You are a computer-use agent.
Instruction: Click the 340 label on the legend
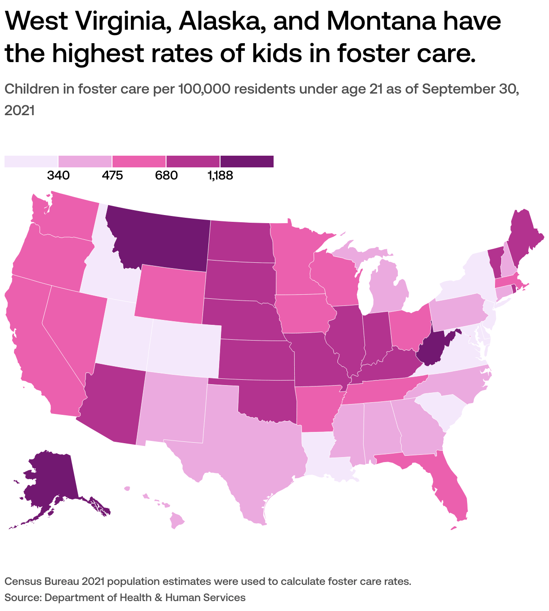(58, 175)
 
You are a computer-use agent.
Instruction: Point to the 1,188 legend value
(220, 175)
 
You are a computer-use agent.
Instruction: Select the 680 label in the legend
(166, 175)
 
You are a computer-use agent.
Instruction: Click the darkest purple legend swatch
(247, 161)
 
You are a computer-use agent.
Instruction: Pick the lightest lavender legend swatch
(31, 161)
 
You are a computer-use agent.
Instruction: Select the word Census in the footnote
(23, 581)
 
